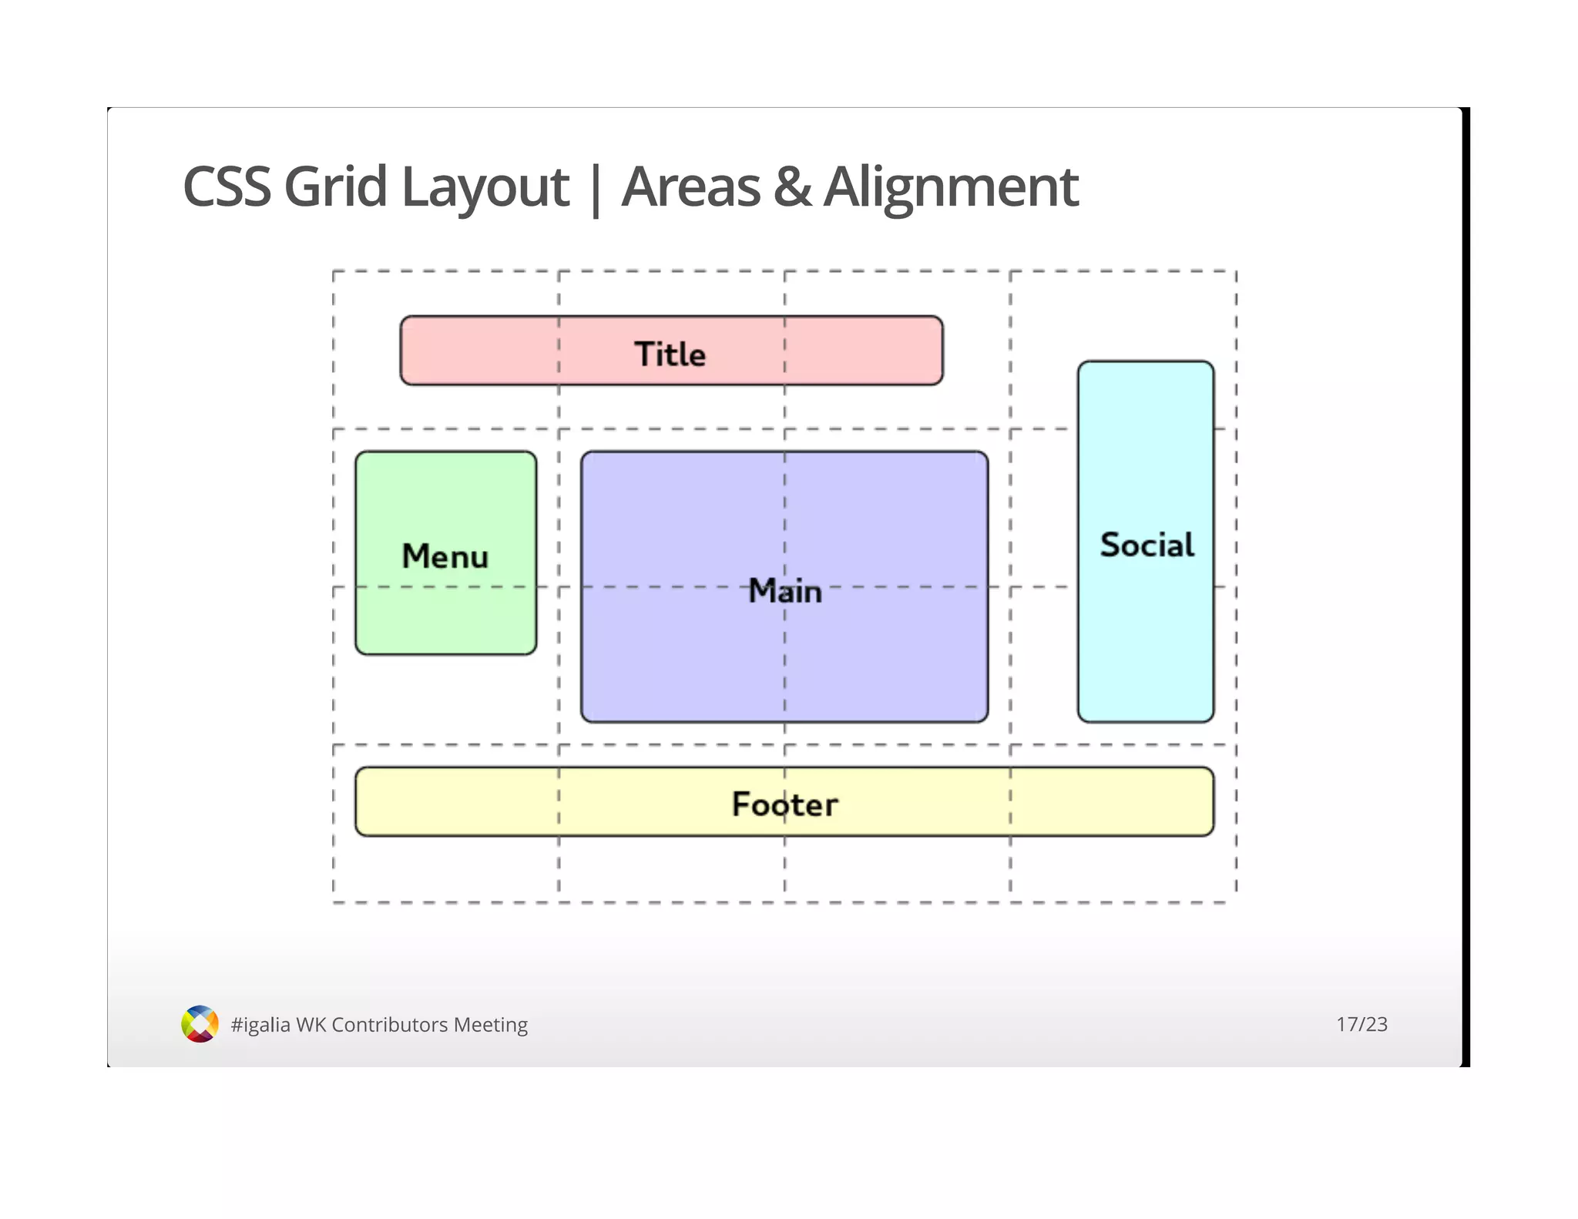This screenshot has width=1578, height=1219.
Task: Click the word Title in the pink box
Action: tap(670, 354)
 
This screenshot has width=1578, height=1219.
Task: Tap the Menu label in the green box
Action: tap(445, 556)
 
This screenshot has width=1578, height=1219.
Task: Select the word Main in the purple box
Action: tap(784, 591)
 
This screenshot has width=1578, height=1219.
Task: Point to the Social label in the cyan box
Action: tap(1147, 546)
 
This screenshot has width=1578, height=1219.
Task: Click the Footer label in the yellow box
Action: tap(784, 804)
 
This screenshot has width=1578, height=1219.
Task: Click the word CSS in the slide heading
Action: tap(227, 187)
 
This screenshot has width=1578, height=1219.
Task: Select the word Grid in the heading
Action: tap(334, 187)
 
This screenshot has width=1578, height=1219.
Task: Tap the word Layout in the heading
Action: tap(485, 187)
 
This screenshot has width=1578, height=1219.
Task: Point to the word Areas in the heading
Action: tap(691, 187)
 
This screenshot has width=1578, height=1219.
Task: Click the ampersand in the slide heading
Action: tap(792, 187)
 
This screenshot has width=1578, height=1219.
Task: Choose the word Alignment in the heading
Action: tap(951, 187)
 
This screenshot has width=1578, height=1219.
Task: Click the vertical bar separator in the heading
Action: tap(595, 189)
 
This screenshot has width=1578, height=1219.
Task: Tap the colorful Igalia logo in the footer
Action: tap(200, 1024)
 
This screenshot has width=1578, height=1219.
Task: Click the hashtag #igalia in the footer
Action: tap(260, 1025)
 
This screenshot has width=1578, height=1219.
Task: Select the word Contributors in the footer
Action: tap(389, 1025)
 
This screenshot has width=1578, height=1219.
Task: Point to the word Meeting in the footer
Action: tap(491, 1025)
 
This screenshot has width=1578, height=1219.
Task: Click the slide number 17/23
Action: tap(1361, 1024)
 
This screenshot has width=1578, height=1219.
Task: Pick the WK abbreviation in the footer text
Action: tap(311, 1025)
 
